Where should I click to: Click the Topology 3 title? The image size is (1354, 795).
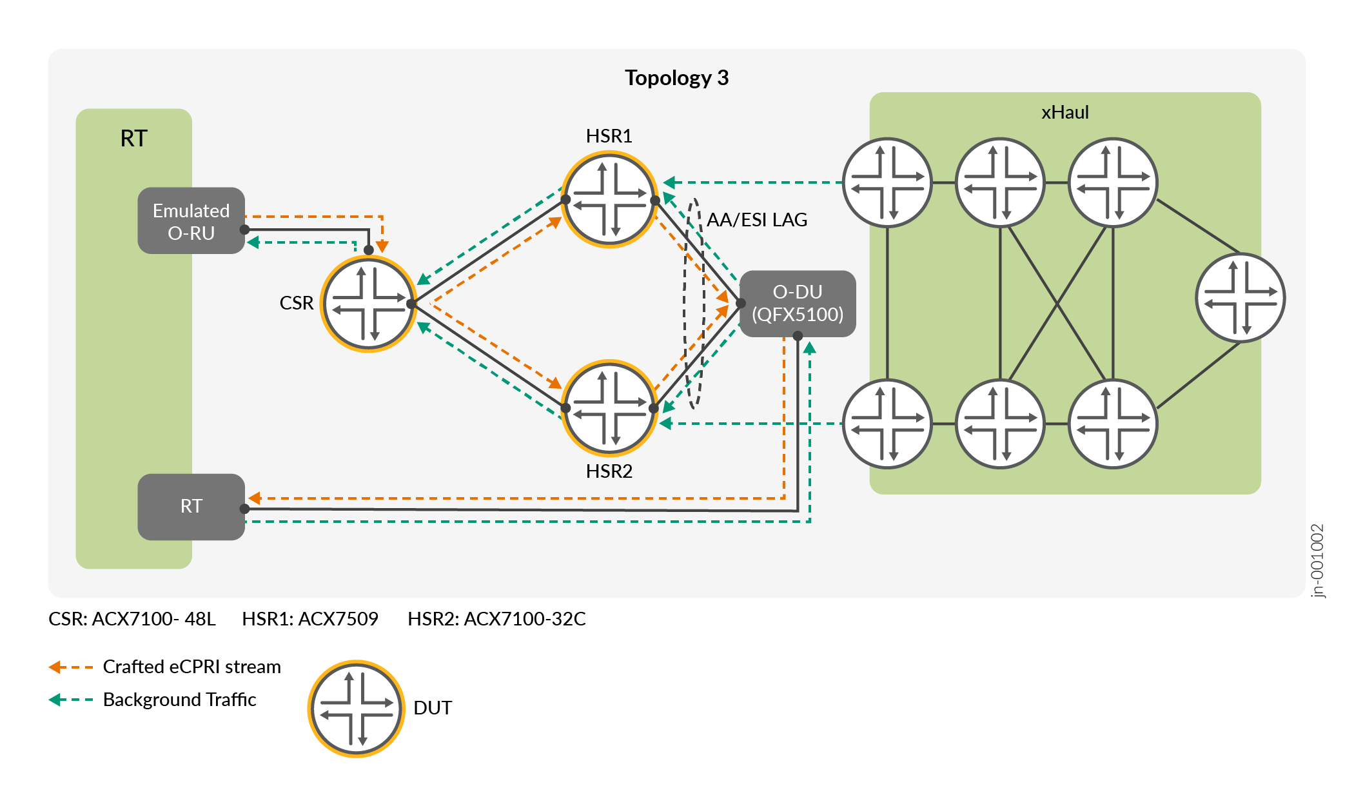[x=676, y=78]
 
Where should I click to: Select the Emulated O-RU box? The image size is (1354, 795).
[x=191, y=221]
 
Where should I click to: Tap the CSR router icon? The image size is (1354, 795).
[x=368, y=304]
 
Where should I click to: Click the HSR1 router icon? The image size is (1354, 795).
[x=609, y=199]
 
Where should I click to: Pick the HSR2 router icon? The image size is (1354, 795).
[x=609, y=407]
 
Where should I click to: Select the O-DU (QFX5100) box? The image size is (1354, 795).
[x=798, y=304]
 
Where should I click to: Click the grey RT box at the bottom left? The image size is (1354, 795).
[x=191, y=507]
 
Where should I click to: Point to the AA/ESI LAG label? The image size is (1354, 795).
[x=757, y=220]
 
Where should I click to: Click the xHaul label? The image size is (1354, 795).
[x=1065, y=112]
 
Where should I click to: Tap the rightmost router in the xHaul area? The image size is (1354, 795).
[x=1240, y=298]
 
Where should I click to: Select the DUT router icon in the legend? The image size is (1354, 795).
[x=357, y=708]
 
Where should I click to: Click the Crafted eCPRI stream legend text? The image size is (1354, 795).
[x=191, y=667]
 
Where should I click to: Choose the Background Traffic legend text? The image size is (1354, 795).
[x=179, y=700]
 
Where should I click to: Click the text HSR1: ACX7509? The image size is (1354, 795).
[x=309, y=619]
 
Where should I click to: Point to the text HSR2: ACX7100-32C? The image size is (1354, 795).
[x=496, y=619]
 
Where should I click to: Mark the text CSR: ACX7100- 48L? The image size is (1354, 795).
[x=132, y=619]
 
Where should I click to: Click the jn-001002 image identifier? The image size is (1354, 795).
[x=1317, y=560]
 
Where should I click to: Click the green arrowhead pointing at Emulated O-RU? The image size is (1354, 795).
[x=253, y=242]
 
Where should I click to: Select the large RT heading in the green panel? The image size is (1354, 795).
[x=133, y=139]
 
